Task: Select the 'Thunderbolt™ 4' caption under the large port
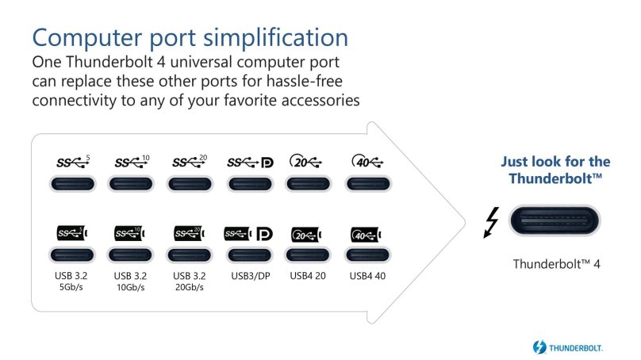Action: (556, 263)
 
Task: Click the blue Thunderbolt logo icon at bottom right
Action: (539, 347)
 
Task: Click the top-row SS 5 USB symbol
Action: (73, 162)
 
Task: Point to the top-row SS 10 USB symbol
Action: (132, 162)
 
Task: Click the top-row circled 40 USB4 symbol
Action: (367, 162)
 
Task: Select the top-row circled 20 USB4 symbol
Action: (307, 162)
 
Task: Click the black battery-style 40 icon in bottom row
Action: (367, 235)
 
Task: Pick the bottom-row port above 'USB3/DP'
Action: (249, 255)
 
